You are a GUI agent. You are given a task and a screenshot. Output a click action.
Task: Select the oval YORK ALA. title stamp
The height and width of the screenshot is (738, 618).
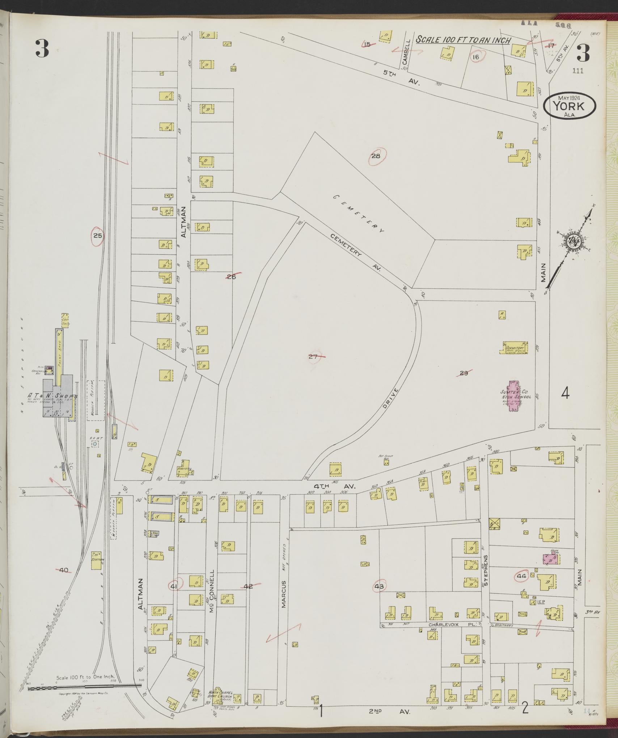click(x=569, y=106)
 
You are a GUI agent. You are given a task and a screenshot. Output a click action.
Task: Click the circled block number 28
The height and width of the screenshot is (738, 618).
click(x=376, y=156)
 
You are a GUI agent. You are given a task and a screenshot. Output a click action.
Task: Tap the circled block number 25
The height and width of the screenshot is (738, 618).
click(x=98, y=236)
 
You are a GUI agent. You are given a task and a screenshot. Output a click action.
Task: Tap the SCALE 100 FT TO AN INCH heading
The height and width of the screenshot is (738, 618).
click(x=463, y=40)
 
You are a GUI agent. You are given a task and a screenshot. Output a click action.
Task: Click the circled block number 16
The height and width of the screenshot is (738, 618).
click(x=475, y=57)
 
